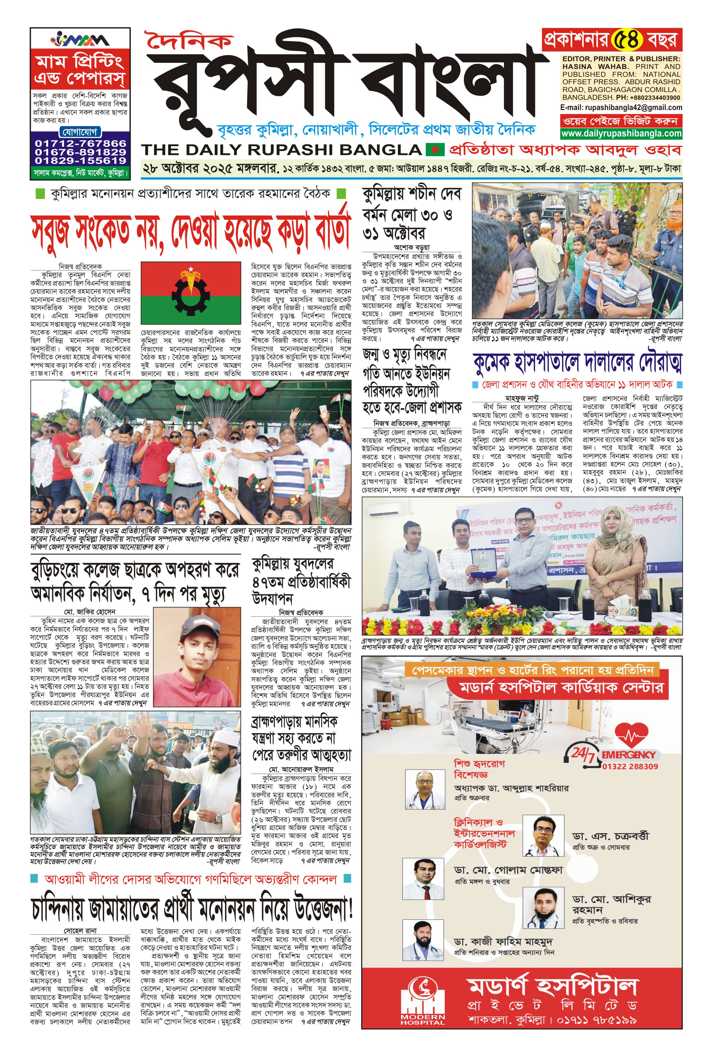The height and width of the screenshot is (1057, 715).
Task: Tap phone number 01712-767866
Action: pos(81,143)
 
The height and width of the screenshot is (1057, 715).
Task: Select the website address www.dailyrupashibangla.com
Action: pos(621,133)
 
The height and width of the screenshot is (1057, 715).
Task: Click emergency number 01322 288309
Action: pos(630,766)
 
